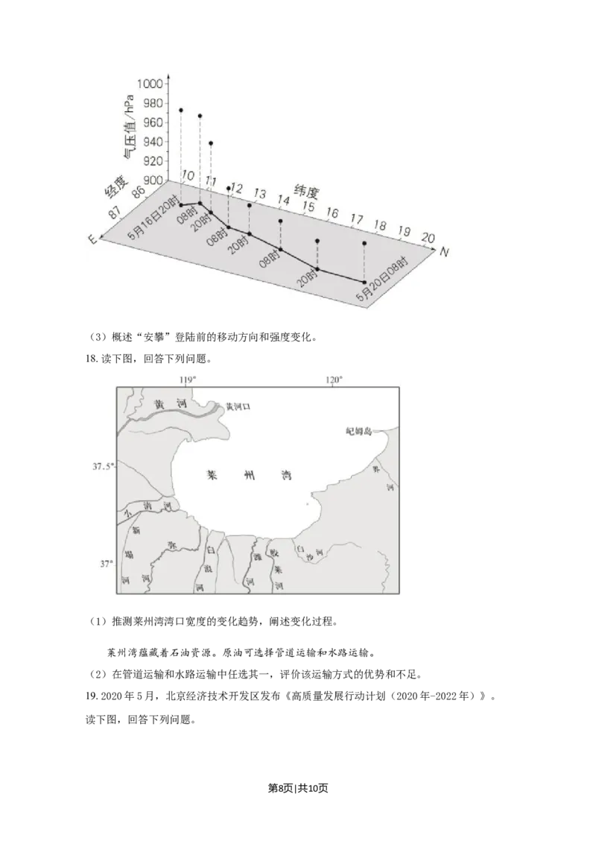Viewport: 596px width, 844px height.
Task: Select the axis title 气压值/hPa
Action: [131, 127]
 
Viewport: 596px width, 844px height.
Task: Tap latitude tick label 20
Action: [428, 237]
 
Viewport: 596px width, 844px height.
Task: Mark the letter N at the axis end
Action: [444, 252]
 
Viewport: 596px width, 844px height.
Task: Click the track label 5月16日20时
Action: [153, 218]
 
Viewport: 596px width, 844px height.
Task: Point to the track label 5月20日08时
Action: [383, 280]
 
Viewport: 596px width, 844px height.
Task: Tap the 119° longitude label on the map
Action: [188, 380]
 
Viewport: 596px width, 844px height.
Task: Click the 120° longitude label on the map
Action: [334, 380]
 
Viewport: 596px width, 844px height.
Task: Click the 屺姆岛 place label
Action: [360, 431]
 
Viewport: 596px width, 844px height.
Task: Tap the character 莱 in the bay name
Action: [210, 474]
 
